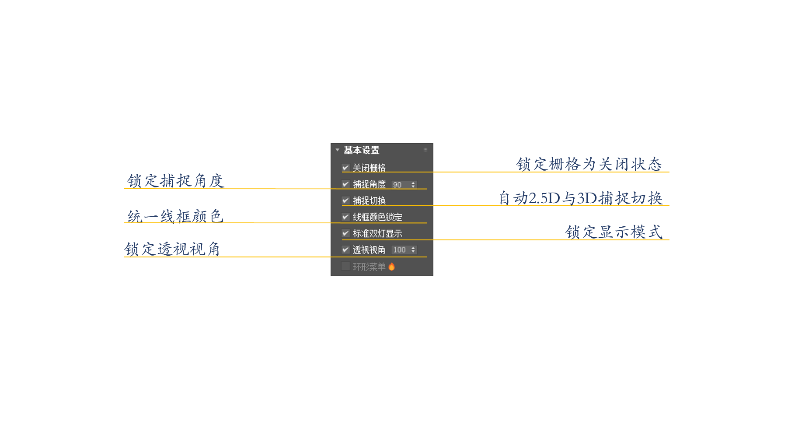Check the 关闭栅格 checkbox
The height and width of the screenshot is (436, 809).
345,168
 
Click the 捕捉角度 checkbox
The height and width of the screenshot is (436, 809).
345,184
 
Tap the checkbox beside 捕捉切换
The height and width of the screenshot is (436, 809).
345,200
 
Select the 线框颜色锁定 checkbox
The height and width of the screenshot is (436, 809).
345,217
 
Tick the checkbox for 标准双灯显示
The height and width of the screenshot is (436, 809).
345,233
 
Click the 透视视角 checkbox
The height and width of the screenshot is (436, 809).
345,250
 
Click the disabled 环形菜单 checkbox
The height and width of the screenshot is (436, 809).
345,266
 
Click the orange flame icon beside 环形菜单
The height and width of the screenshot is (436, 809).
391,267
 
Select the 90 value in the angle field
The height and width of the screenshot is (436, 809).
398,185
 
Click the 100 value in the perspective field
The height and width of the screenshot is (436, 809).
399,250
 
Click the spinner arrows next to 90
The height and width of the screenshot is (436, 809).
413,185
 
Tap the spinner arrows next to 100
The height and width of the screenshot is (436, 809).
413,250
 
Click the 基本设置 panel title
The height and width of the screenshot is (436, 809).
361,150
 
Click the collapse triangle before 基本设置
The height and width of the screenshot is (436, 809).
337,150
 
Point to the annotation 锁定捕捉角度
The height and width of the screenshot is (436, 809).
175,181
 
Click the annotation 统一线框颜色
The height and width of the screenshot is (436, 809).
175,216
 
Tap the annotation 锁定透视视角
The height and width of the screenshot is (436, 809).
172,249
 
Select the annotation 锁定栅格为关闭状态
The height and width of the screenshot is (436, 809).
589,164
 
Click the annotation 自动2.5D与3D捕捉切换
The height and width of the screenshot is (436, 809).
581,198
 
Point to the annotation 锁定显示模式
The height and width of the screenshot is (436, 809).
614,232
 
